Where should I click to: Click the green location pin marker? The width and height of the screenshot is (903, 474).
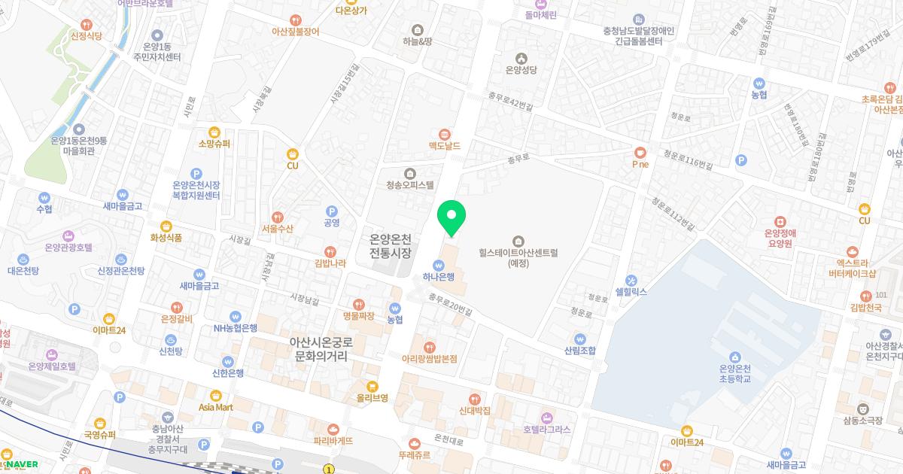[451, 216]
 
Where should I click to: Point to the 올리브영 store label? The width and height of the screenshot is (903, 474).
[372, 397]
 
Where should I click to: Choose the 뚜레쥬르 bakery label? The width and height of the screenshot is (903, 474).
[415, 454]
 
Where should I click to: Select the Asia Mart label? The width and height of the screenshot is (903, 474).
[216, 406]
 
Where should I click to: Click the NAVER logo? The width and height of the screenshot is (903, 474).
[21, 464]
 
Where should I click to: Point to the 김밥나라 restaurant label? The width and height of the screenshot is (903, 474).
[330, 263]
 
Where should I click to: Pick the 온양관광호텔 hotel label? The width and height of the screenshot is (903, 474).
[68, 247]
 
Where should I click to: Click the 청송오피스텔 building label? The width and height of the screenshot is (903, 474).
[409, 184]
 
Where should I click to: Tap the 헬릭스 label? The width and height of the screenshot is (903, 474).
[631, 291]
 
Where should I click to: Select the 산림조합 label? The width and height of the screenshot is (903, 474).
[579, 350]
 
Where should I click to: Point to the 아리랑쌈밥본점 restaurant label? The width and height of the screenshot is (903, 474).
[430, 358]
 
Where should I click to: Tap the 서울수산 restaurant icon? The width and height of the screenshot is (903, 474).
[278, 216]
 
